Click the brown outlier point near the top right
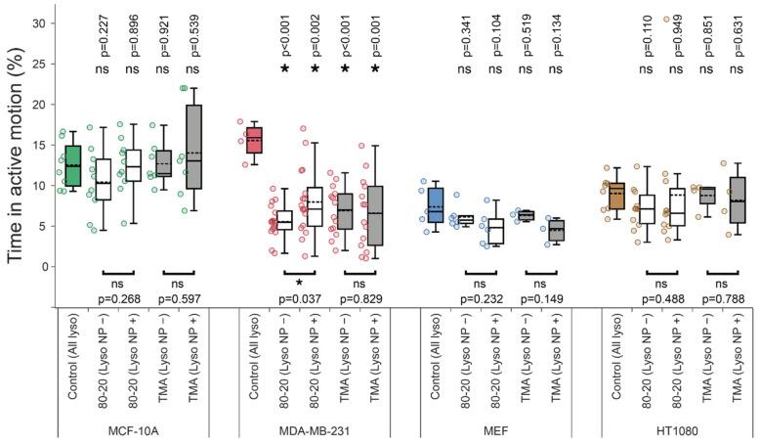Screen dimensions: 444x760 pyautogui.click(x=666, y=19)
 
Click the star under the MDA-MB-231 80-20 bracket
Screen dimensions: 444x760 pyautogui.click(x=299, y=280)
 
